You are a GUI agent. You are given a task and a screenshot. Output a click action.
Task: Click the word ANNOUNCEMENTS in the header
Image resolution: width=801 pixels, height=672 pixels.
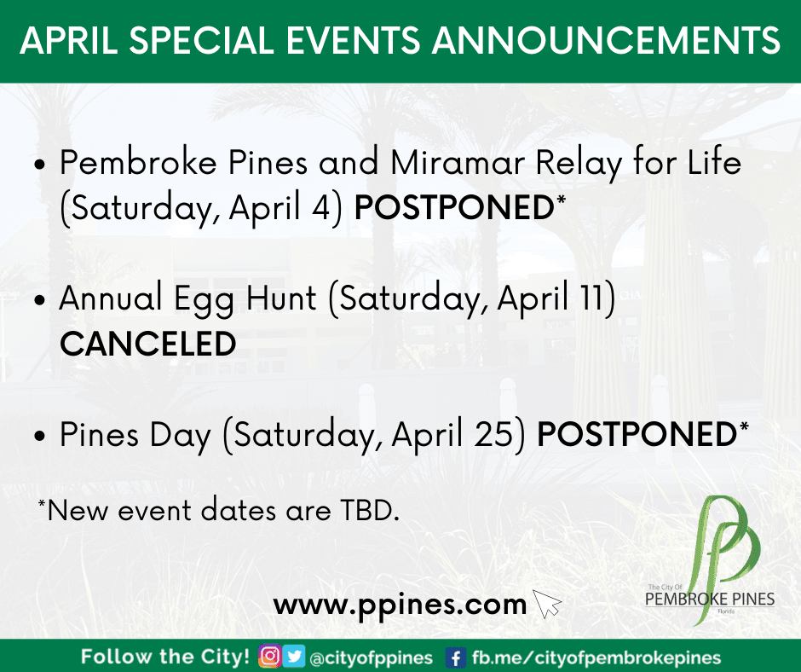coord(607,40)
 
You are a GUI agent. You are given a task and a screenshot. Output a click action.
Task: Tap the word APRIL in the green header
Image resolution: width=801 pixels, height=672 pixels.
coord(69,40)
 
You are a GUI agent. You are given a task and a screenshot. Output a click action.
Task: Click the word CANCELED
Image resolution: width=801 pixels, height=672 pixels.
coord(148,343)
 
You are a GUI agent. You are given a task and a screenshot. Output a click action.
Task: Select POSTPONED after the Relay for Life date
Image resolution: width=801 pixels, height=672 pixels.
coord(453,207)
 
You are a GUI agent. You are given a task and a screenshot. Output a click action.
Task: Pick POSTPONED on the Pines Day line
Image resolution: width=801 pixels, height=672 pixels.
coord(637,434)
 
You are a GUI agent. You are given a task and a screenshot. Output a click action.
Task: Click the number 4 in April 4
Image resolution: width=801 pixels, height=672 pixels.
coord(322,207)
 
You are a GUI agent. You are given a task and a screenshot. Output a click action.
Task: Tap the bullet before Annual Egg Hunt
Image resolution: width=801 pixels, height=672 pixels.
coord(40,300)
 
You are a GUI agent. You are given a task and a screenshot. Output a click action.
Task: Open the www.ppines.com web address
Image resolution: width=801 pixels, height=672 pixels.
coord(400,605)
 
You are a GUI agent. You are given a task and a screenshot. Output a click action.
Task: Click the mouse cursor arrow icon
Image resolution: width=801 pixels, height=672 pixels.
coord(546,604)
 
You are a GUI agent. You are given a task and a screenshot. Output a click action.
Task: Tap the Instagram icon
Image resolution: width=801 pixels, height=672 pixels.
coord(270,656)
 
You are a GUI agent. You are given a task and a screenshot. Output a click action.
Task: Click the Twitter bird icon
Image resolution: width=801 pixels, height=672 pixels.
coord(294,656)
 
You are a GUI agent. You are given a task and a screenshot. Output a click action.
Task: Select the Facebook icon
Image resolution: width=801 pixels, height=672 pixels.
coord(456,658)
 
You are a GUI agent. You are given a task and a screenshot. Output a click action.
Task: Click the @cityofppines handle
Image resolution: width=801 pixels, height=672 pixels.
coord(372,658)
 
